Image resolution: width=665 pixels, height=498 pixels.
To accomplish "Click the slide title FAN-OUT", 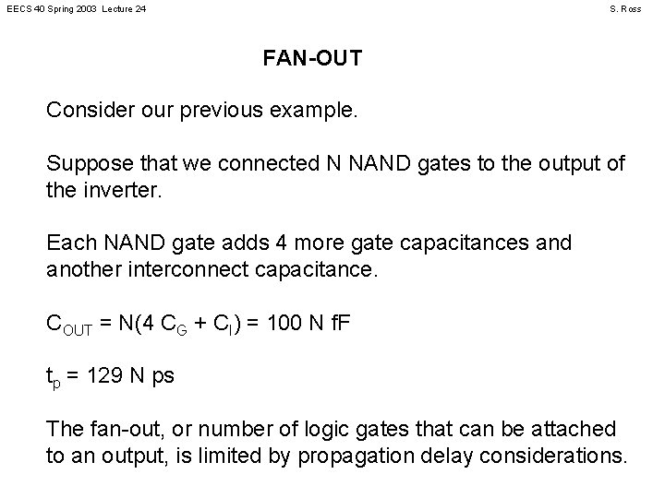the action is pyautogui.click(x=312, y=59).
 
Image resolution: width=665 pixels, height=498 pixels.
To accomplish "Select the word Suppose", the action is pyautogui.click(x=85, y=165).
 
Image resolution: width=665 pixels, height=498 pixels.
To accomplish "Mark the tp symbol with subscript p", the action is pyautogui.click(x=54, y=377).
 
